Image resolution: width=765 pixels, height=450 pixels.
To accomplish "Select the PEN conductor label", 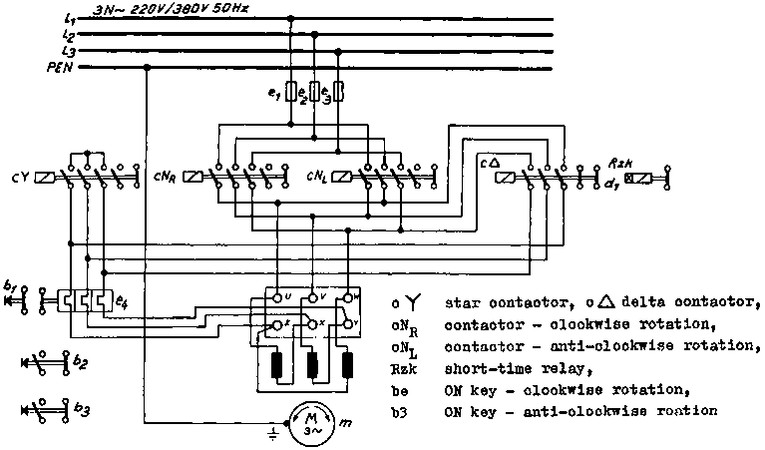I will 65,67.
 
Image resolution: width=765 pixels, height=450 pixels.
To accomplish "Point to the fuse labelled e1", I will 291,93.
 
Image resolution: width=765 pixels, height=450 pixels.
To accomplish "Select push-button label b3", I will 81,409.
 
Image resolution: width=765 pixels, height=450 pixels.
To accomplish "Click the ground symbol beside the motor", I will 272,433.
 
